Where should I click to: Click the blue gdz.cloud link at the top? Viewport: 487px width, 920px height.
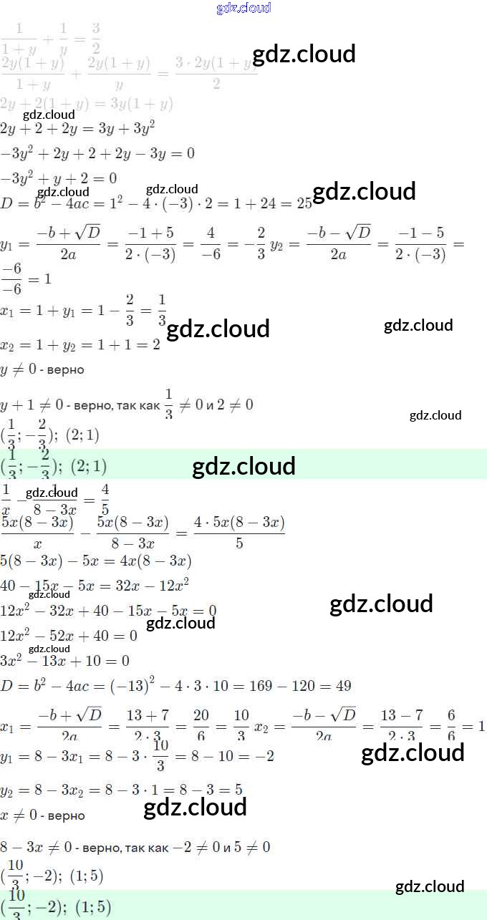(243, 8)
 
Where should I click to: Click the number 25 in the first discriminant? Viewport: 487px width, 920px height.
(304, 203)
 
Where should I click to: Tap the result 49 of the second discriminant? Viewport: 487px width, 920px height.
(343, 686)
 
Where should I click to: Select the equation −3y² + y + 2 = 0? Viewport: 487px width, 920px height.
(59, 178)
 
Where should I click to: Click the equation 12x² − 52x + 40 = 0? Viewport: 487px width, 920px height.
(69, 636)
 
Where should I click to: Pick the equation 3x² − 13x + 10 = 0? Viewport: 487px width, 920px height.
(65, 660)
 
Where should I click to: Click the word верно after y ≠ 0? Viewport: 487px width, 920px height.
(69, 370)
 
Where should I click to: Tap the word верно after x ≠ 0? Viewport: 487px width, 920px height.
(69, 815)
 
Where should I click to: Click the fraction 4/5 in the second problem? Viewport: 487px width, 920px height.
(105, 500)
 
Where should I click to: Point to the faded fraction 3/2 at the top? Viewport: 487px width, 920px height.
(95, 34)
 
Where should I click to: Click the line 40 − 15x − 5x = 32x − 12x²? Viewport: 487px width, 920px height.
(95, 585)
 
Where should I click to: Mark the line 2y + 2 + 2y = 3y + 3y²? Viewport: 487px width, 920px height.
(78, 129)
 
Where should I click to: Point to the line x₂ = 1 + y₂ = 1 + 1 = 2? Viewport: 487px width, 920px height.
(79, 344)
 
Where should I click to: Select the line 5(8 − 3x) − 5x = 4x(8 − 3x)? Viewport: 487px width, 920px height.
(96, 561)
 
